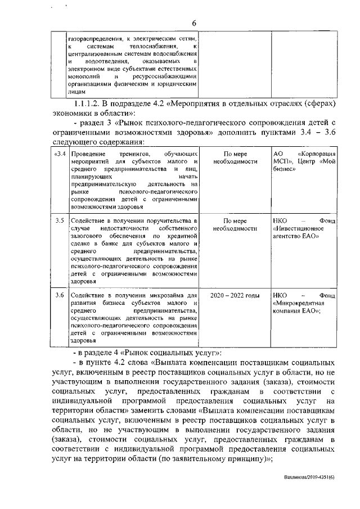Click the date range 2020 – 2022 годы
tap(235, 295)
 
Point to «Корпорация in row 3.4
tap(317, 154)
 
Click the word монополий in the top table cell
tap(83, 75)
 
